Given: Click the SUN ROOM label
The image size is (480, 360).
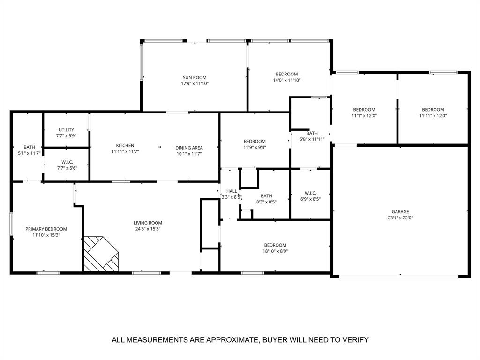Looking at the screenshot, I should (x=195, y=78).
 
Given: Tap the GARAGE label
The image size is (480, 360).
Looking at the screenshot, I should (x=400, y=211).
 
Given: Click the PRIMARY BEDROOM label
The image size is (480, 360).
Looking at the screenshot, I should (x=46, y=229).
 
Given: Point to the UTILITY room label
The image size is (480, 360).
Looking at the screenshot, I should (x=66, y=130).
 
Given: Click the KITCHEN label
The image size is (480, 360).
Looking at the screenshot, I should (x=125, y=145).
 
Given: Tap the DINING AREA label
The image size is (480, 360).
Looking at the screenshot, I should (x=189, y=148).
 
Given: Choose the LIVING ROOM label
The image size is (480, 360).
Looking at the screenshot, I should (x=148, y=223).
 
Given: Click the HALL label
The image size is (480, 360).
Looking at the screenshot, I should (x=232, y=191).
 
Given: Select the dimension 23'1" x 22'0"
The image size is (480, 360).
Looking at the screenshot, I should (x=400, y=217).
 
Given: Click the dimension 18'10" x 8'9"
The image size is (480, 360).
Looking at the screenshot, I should (x=275, y=251).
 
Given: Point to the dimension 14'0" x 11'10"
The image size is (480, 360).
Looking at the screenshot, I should (x=286, y=80).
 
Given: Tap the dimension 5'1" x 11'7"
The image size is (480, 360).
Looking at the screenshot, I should (x=29, y=153).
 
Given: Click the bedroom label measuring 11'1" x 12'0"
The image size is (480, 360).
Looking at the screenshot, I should (x=364, y=109).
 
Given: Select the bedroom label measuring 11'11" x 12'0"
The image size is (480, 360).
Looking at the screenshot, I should (x=433, y=109).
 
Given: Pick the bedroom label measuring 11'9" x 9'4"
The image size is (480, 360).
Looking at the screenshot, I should (x=255, y=141).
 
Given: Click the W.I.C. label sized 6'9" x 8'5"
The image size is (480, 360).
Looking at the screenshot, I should (x=310, y=193).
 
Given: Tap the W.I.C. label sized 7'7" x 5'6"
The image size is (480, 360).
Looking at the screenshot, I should (x=67, y=162).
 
